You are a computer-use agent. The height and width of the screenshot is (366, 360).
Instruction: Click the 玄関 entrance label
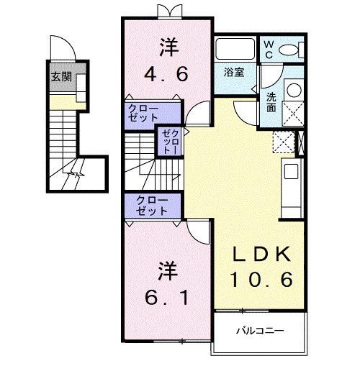coord(60,78)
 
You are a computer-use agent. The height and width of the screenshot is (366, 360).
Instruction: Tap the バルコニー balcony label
coord(260,331)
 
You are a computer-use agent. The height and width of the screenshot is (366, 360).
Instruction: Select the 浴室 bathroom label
coord(235,72)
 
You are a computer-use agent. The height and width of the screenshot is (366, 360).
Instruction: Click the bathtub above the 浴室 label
coord(235,50)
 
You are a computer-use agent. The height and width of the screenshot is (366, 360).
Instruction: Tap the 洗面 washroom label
coord(271,101)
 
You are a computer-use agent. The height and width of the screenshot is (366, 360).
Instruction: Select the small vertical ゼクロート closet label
coord(167,141)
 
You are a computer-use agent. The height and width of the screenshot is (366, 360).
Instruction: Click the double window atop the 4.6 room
coord(167,11)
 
